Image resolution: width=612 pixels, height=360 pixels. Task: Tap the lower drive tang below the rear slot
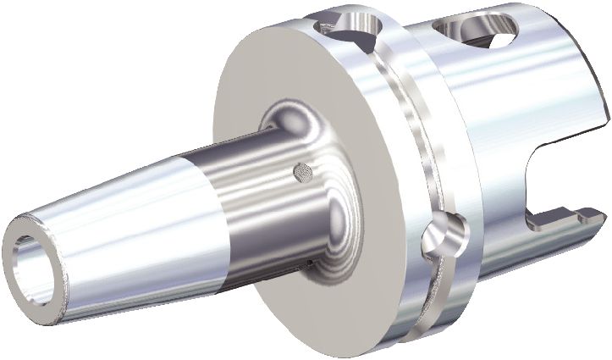tap(563, 223)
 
